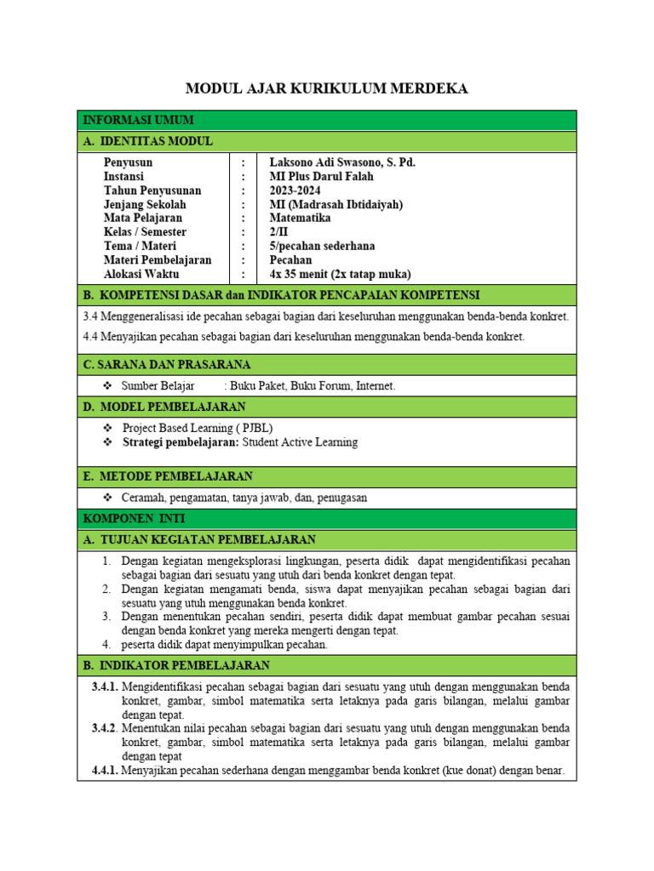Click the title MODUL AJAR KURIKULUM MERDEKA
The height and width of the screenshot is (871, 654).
[x=327, y=89]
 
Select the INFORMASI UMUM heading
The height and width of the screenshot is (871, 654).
[x=139, y=120]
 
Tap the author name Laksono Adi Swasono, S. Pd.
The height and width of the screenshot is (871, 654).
[x=342, y=162]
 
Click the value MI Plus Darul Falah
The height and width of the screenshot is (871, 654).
[x=321, y=176]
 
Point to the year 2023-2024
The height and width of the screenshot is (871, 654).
[x=295, y=191]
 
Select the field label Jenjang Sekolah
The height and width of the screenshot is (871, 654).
[x=145, y=204]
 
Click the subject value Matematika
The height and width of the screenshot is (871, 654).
[x=301, y=218]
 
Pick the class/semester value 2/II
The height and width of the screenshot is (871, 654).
[x=278, y=232]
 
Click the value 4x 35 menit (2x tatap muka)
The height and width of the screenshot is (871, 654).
[x=340, y=274]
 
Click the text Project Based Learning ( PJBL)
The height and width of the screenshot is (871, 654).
[x=198, y=428]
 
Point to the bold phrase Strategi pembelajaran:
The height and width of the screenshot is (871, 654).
[x=181, y=442]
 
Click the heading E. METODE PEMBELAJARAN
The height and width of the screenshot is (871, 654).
[x=168, y=475]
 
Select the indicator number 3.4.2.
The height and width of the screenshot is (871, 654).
[x=105, y=728]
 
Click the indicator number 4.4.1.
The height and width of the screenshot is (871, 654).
[x=105, y=771]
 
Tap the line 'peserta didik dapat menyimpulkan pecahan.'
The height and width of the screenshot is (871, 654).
[x=225, y=644]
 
